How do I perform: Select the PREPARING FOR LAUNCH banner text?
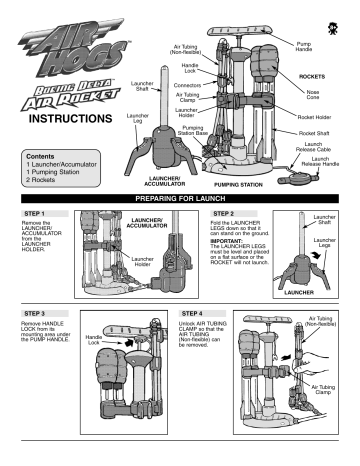180,199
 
